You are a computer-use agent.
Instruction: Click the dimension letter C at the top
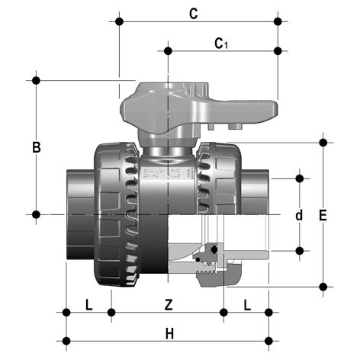[194, 14]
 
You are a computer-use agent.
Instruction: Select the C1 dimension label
[221, 43]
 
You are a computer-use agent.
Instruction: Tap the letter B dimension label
[37, 147]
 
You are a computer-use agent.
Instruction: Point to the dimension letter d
[299, 215]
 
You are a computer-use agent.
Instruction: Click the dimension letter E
[323, 216]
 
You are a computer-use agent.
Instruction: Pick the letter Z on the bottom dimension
[169, 304]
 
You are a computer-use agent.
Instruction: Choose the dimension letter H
[169, 334]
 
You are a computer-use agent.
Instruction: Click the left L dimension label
[88, 304]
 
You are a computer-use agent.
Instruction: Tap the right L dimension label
[247, 305]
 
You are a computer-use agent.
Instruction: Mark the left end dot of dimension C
[119, 21]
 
